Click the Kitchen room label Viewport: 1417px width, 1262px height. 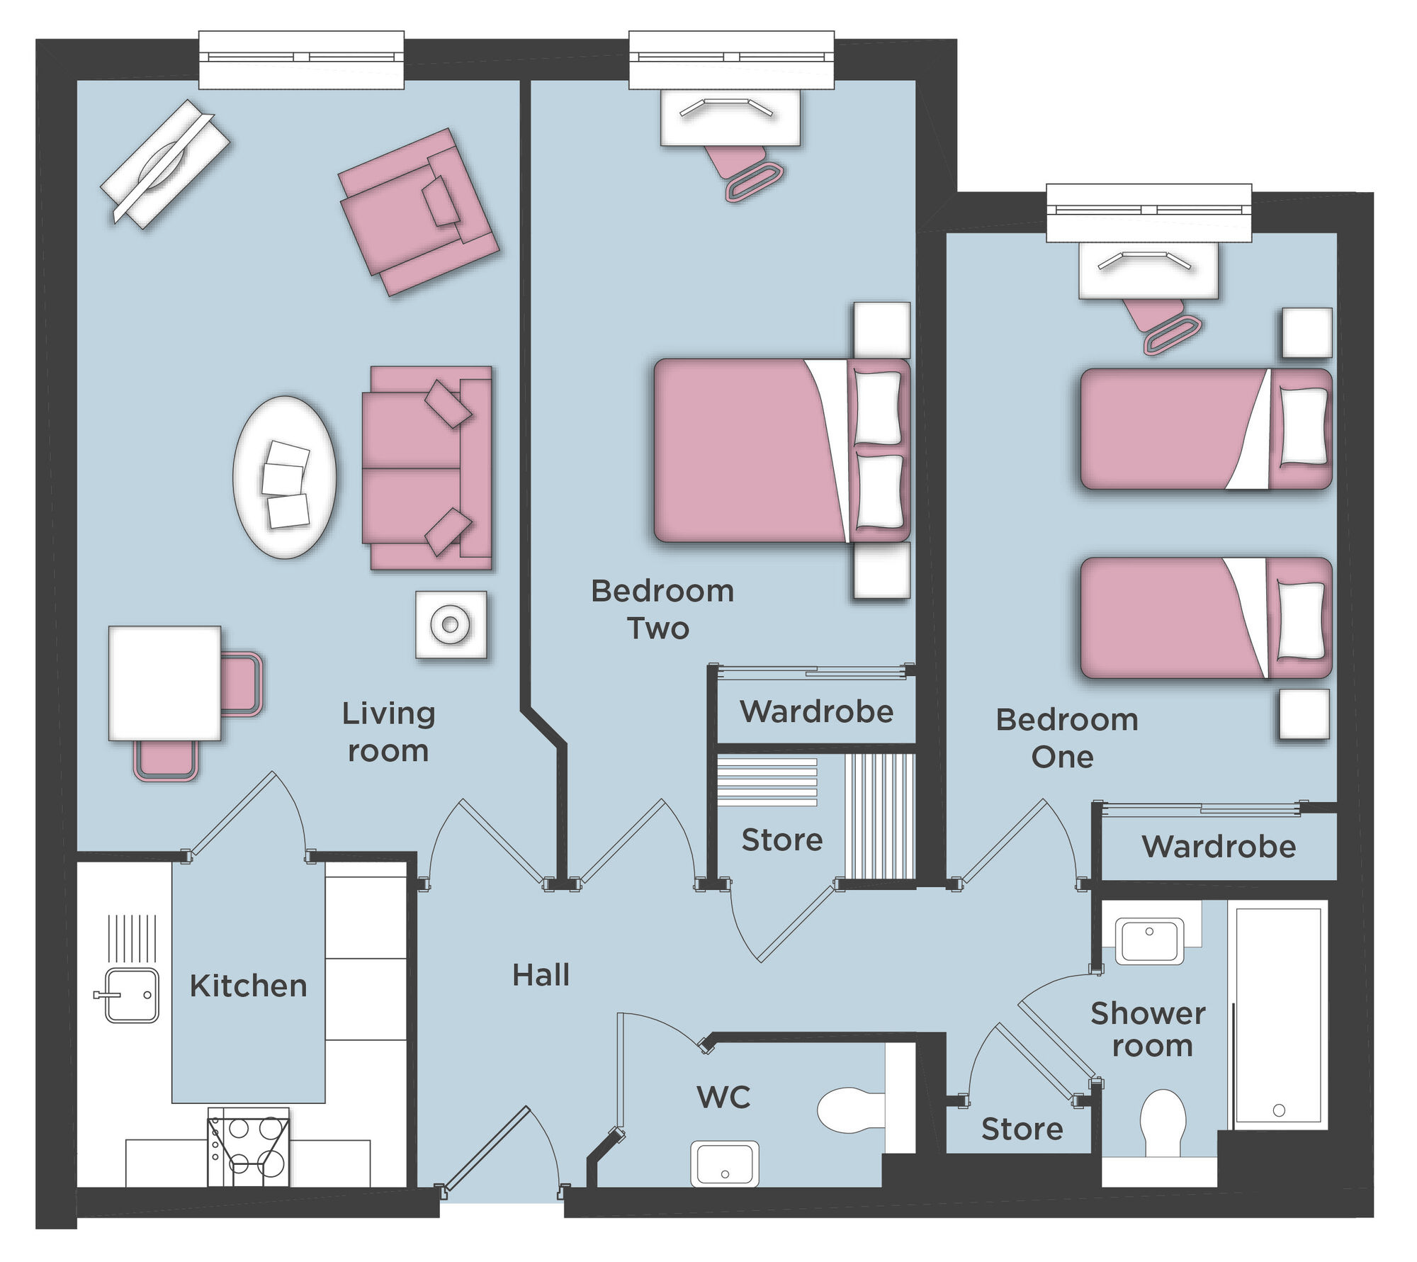tap(248, 986)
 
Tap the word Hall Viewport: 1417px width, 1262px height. tap(541, 976)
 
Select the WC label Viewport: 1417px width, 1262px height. tap(723, 1098)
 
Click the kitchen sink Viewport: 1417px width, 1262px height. tap(131, 995)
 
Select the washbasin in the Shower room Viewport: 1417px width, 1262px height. tap(1149, 940)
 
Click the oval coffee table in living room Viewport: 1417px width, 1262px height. tap(285, 477)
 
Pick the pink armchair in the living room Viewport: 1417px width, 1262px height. tap(418, 211)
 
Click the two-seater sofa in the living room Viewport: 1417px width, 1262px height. tap(427, 468)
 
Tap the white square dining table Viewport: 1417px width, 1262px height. tap(164, 683)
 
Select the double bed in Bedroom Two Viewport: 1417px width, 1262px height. tap(779, 451)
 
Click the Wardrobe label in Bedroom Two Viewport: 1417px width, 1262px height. tap(816, 711)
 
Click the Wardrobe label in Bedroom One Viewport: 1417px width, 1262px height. tap(1219, 847)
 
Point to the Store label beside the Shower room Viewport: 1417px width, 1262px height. tap(1022, 1129)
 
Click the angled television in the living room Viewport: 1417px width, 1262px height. tap(165, 164)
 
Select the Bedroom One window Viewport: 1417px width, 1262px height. tap(1148, 211)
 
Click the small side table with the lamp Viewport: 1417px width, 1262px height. tap(451, 625)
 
